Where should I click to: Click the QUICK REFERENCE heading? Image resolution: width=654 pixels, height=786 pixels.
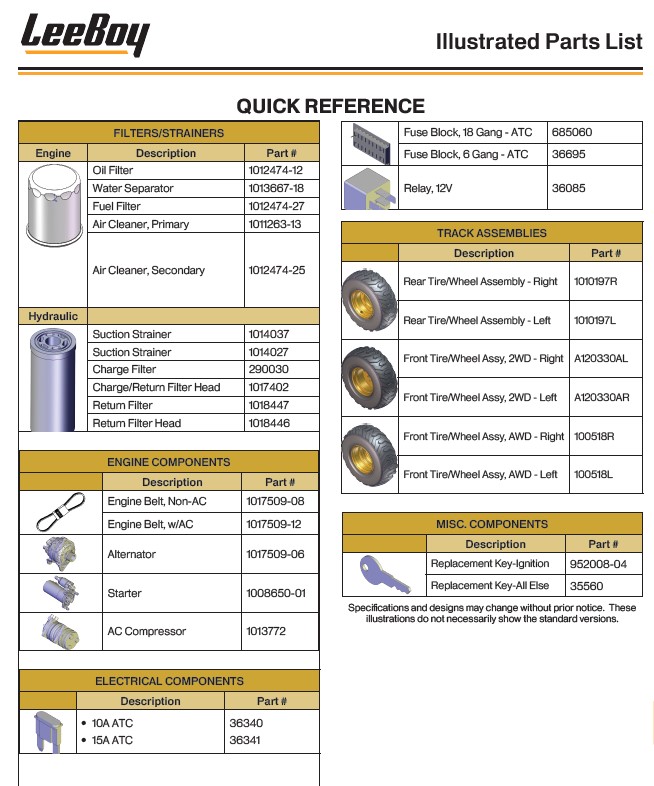coord(330,106)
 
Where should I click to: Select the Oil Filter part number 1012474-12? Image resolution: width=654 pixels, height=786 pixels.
coord(276,171)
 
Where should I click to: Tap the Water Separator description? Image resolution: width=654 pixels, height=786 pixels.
coord(133,189)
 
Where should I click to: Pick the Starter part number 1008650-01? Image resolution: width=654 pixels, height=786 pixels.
coord(275,593)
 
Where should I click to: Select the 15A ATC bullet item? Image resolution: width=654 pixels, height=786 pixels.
coord(111,740)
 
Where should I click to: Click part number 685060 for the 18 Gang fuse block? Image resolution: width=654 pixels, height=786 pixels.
coord(572,132)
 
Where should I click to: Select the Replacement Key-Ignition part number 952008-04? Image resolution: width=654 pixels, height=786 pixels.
coord(597,564)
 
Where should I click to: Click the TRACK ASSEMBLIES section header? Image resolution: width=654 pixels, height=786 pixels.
coord(491,233)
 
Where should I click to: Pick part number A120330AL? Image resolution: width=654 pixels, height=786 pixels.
coord(601,359)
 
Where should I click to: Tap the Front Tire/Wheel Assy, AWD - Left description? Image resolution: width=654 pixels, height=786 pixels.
coord(480,475)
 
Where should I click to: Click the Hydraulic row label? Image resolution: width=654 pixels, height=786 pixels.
coord(53,316)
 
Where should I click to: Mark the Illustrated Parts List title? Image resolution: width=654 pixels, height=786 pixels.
coord(539,41)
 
